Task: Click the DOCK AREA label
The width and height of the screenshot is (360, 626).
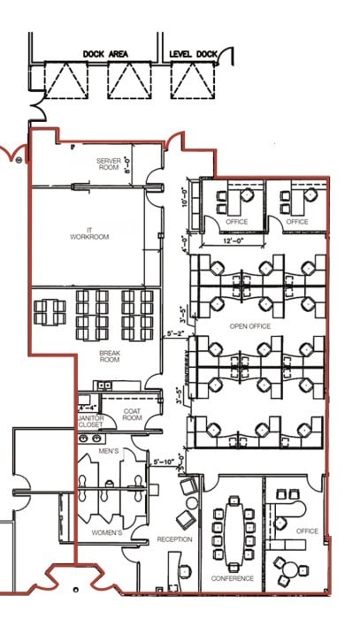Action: click(x=105, y=54)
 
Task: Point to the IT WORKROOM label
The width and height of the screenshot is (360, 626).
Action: click(x=89, y=233)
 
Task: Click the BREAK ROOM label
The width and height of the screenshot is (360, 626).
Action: click(x=109, y=355)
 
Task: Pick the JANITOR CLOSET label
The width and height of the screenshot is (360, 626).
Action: click(x=90, y=420)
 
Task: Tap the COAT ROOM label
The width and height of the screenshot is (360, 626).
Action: click(x=133, y=415)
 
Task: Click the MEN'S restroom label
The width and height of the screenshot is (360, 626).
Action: click(x=109, y=452)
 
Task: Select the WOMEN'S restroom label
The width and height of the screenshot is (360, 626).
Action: click(x=108, y=532)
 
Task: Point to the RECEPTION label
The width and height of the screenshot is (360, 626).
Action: click(x=174, y=539)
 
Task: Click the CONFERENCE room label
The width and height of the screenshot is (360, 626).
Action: click(x=233, y=578)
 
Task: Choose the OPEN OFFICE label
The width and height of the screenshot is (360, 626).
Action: click(x=250, y=326)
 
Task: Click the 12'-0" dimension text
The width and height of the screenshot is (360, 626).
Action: click(x=234, y=240)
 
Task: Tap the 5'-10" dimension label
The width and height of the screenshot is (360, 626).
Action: click(x=165, y=462)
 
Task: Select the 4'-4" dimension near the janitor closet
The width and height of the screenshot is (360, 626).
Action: click(x=88, y=408)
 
